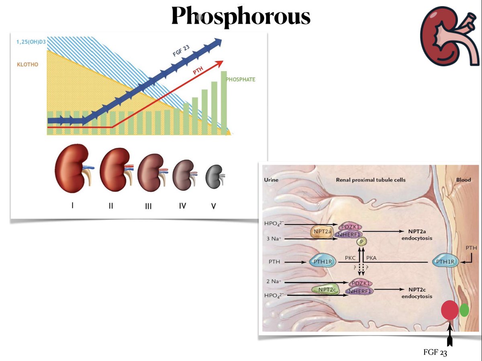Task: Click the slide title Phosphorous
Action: click(x=241, y=17)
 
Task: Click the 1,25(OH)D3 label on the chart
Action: click(x=31, y=42)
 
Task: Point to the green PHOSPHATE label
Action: click(x=241, y=80)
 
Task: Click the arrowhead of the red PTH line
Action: click(x=221, y=62)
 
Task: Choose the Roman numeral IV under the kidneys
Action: click(x=183, y=206)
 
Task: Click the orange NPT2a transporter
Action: click(x=322, y=233)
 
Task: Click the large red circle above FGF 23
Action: click(x=450, y=310)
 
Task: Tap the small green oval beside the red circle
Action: click(x=465, y=310)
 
